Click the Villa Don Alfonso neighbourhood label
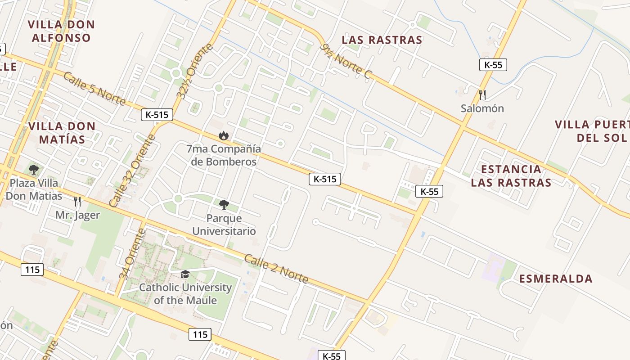tap(61, 31)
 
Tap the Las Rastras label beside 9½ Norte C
tap(382, 40)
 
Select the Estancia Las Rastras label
tap(511, 176)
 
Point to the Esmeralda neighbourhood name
tap(556, 279)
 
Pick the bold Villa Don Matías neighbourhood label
tap(62, 133)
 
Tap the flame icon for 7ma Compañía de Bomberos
tap(223, 135)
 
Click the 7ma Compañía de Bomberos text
tap(224, 155)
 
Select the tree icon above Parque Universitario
tap(224, 205)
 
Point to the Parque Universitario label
tap(224, 225)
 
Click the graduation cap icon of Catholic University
tap(185, 274)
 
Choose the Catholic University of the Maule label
tap(185, 294)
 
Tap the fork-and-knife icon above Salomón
tap(482, 94)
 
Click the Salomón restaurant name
tap(482, 108)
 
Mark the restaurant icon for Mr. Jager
tap(77, 201)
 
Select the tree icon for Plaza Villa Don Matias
tap(33, 170)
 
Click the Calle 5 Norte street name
tap(94, 89)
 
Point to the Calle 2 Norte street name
tap(276, 269)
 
